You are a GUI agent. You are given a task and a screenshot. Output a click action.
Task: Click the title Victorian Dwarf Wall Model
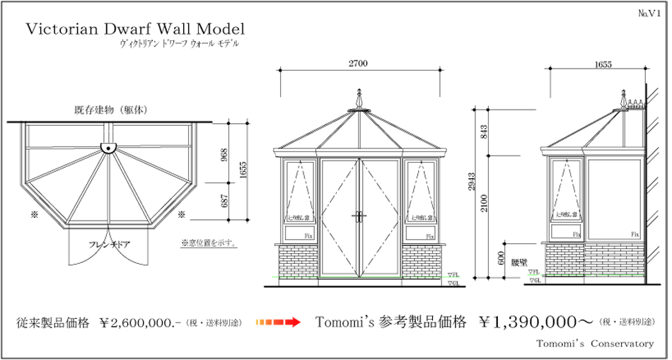point(134,29)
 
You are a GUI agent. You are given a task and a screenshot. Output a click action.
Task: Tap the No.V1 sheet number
point(648,13)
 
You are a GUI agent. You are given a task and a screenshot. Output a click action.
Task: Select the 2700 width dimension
point(358,64)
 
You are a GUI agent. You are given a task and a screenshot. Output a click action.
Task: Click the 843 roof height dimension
point(485,132)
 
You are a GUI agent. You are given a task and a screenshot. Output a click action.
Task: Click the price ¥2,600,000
point(142,323)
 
